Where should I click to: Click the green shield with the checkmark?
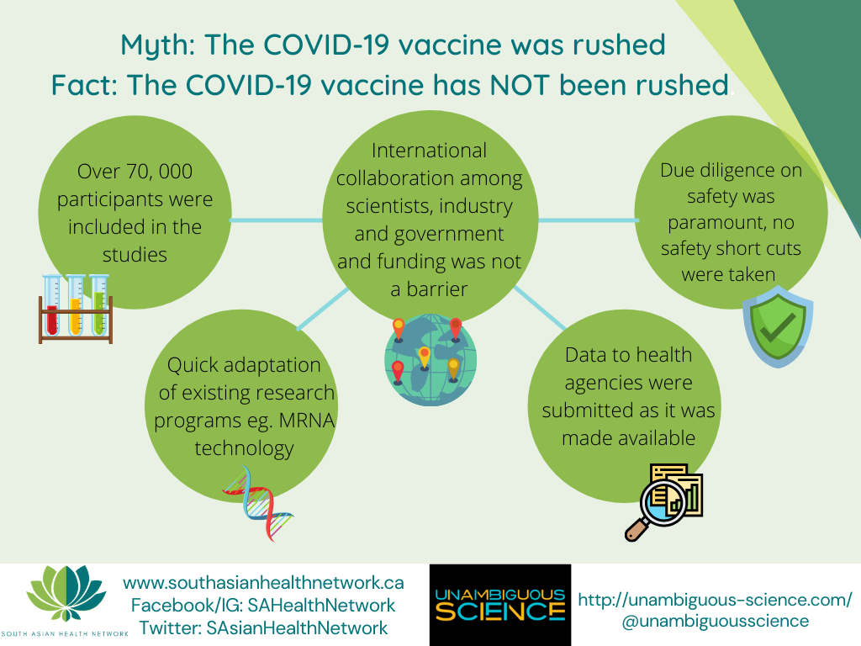(778, 330)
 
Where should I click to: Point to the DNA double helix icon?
(257, 503)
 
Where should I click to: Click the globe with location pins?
(430, 360)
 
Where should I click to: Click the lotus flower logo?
(66, 594)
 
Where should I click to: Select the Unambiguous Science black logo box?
(500, 605)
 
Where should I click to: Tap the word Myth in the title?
(158, 45)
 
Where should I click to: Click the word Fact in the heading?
(85, 85)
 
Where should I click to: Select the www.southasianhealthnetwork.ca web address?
(263, 582)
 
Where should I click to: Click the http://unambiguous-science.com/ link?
(715, 599)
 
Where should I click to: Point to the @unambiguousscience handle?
(715, 622)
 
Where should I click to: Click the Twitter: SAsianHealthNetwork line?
(263, 627)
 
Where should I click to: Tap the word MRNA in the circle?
(306, 421)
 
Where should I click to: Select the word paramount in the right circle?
(731, 223)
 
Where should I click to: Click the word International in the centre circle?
(429, 151)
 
